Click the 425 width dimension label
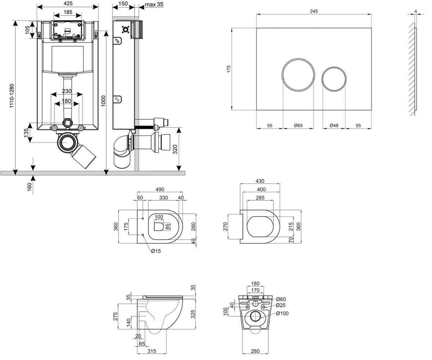coord(68,4)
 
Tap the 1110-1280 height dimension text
coord(12,96)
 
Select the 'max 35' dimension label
coord(154,4)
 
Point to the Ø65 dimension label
coord(298,125)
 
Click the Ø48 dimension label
coord(334,125)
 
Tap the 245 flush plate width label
coord(314,11)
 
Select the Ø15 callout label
coord(156,251)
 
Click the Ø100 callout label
coord(282,314)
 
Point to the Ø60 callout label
coord(281,299)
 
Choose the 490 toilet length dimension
coord(160,189)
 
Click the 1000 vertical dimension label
coord(103,101)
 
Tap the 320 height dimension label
coord(175,149)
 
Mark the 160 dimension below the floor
coord(30,187)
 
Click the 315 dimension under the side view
coord(152,351)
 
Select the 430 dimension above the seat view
coord(260,181)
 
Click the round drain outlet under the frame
coord(67,143)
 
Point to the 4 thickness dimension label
coord(416,12)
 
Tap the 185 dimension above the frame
coord(68,12)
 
